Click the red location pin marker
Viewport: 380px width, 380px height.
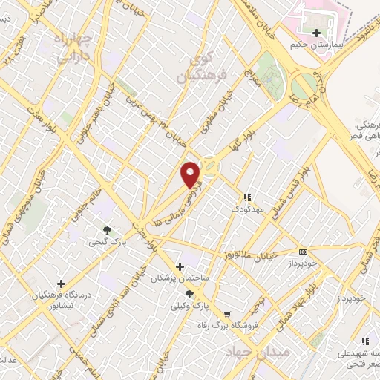(x=191, y=174)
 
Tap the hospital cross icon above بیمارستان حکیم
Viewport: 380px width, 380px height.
(x=317, y=33)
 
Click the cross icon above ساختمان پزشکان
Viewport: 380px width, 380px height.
(x=179, y=266)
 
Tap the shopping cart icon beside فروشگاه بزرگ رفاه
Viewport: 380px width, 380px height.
(x=227, y=315)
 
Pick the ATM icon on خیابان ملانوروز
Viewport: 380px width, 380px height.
(x=302, y=252)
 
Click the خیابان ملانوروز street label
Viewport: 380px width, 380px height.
(x=252, y=256)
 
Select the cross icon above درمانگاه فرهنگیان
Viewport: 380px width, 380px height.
(x=61, y=284)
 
